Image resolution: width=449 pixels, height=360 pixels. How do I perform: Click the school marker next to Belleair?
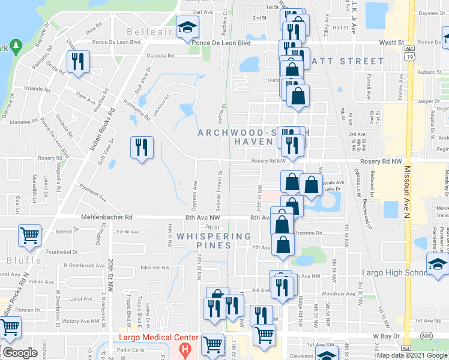187,27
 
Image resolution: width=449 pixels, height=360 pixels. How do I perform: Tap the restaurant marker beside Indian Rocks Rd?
78,62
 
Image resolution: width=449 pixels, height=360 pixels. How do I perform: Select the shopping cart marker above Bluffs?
29,236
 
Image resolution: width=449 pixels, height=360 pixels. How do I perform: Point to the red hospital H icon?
185,348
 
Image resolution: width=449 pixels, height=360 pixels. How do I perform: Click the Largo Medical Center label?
152,337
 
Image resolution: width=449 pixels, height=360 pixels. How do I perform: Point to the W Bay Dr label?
387,336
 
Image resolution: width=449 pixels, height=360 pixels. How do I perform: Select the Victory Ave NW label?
80,321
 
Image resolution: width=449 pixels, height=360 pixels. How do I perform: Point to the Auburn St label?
429,72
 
